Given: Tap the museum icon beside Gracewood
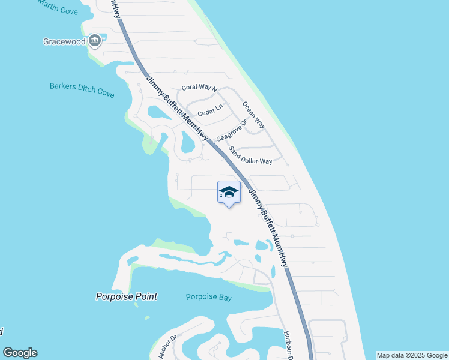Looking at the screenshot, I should coord(94,41).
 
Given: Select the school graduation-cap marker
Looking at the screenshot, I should coord(229,192).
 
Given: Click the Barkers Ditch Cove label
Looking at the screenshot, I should coord(82,88).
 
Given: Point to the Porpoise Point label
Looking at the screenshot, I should coord(127,296).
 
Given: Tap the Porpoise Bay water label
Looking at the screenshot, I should coord(208,297).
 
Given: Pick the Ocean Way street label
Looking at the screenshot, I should coord(253,115).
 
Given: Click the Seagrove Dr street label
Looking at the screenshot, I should coord(232,130).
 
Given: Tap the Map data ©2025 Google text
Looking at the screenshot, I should coord(412,355).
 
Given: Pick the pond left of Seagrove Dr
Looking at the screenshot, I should coord(188,143).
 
